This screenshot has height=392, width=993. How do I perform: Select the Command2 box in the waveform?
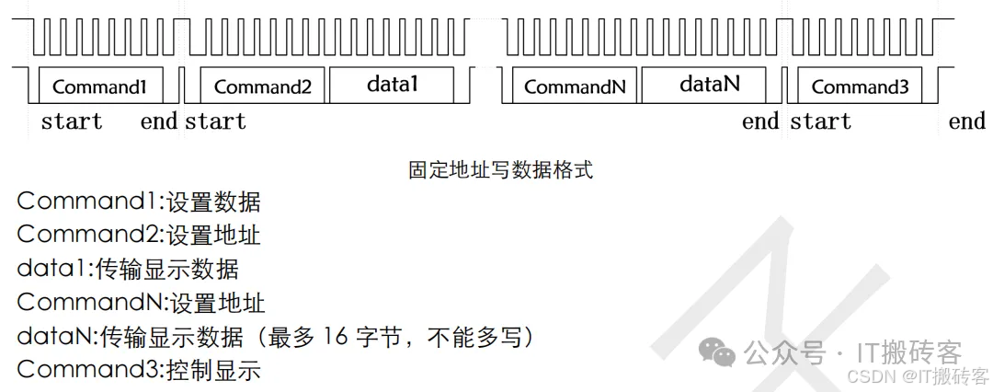click(x=262, y=86)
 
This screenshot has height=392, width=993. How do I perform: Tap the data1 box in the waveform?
click(x=392, y=85)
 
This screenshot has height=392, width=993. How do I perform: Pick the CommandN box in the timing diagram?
click(x=576, y=86)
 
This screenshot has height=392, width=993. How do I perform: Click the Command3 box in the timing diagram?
click(x=860, y=86)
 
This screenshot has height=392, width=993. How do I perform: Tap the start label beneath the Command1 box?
click(x=71, y=121)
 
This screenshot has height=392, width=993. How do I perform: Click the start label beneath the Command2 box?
click(x=215, y=121)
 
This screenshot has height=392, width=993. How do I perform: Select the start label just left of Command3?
click(x=820, y=121)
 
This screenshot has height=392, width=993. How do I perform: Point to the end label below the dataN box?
click(x=760, y=121)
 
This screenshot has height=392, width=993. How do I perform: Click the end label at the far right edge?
click(x=966, y=121)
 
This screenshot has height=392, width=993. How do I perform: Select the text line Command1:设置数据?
click(x=139, y=202)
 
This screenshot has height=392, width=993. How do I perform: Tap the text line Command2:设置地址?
click(x=139, y=236)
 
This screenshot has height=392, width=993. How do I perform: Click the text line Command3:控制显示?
click(x=139, y=370)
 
